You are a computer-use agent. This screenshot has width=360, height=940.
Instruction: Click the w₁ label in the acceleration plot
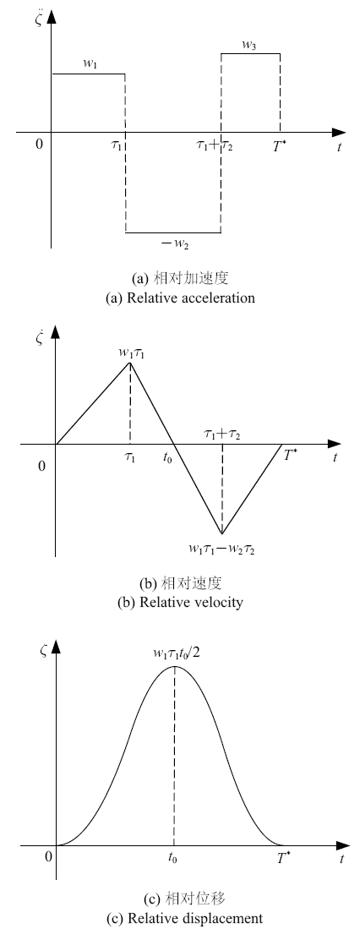[89, 65]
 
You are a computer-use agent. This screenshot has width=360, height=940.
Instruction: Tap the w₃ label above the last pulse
[249, 44]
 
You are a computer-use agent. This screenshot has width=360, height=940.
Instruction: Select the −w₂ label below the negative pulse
[176, 243]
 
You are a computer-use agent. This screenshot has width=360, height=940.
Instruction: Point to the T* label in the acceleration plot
[279, 145]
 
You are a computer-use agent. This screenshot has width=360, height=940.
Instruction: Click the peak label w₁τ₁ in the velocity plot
[133, 352]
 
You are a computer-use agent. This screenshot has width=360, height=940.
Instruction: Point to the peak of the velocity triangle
[130, 362]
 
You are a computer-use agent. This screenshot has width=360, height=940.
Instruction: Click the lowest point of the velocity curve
[221, 533]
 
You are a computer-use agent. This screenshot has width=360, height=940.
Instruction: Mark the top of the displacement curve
[174, 666]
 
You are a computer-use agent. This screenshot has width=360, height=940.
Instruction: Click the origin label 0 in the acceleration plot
[40, 145]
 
